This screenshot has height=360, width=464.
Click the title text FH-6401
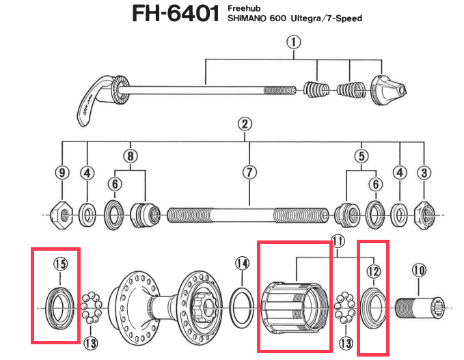click(x=177, y=14)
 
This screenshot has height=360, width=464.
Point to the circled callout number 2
click(x=245, y=124)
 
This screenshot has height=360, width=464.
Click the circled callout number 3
click(x=425, y=172)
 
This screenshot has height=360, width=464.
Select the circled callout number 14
click(x=242, y=263)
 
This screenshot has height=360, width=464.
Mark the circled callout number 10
click(x=419, y=271)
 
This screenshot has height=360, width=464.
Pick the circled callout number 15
click(x=60, y=263)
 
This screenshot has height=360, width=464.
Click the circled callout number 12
click(x=372, y=271)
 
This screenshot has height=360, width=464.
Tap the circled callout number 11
click(x=338, y=240)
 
